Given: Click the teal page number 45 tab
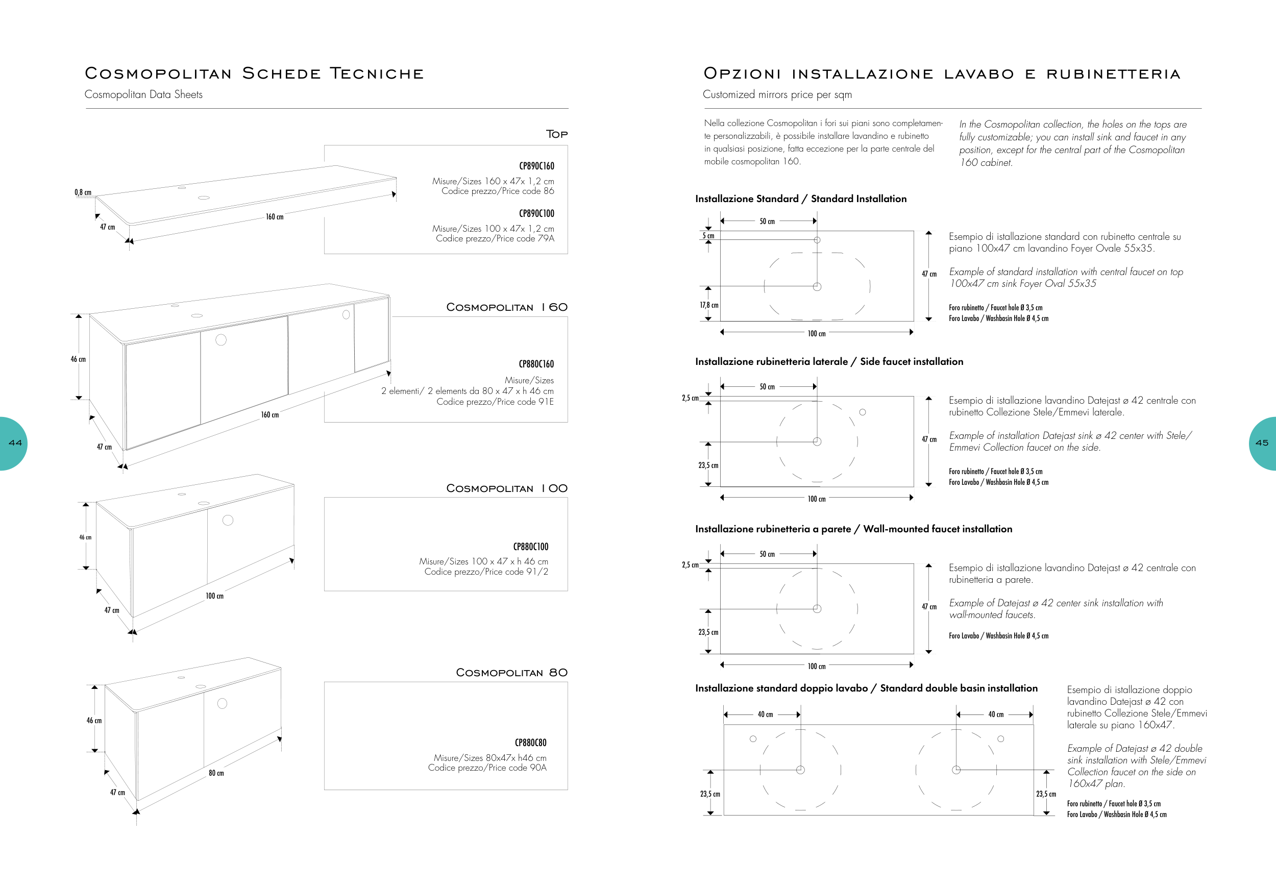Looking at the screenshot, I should pos(1263,443).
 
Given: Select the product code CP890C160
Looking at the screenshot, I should pos(536,166).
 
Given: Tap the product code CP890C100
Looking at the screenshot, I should pos(536,213).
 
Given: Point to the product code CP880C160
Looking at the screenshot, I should pos(536,364).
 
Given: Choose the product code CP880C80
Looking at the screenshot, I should pos(530,743).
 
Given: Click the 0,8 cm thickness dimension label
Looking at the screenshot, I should pos(83,192).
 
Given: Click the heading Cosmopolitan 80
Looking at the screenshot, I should pos(511,673).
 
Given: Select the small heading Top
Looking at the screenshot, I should pos(556,134).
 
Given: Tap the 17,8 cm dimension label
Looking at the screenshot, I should pos(708,305).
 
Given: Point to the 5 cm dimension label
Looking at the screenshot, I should pos(708,236).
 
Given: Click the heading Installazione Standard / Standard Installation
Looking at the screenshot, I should pos(800,199).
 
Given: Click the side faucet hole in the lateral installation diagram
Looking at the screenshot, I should pos(863,412).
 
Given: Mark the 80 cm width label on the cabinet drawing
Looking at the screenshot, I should pos(216,773).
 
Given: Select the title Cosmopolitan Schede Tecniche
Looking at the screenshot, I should pos(254,73).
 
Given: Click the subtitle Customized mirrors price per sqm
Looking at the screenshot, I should pos(777,94).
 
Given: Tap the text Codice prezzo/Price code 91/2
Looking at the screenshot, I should pos(486,571).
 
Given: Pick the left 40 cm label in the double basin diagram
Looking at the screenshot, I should pos(765,714).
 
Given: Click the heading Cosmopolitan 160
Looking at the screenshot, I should pos(506,307).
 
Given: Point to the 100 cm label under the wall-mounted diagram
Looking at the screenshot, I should pos(817,667).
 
